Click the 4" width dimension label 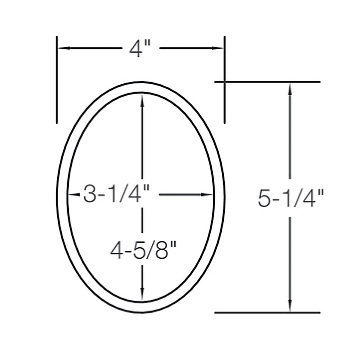point(140,49)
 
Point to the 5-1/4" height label point(291,198)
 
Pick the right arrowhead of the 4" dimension point(217,48)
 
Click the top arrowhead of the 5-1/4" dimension point(290,89)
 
